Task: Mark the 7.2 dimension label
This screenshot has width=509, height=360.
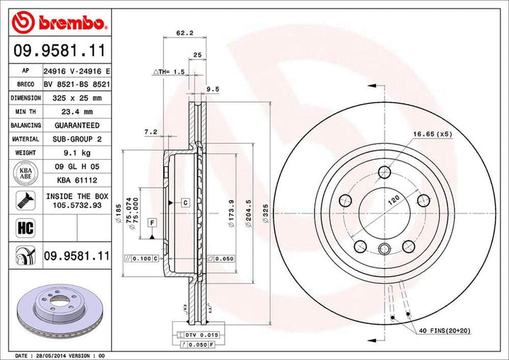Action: click(149, 132)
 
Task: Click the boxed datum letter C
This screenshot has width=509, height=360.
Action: click(185, 203)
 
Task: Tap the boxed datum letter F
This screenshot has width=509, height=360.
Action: click(151, 223)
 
